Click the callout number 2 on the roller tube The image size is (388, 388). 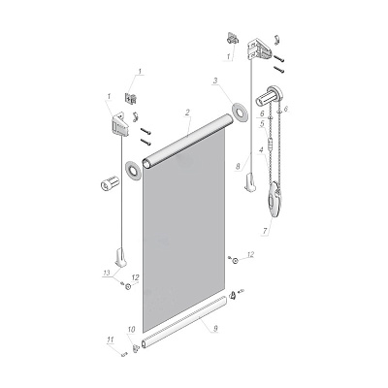click(x=187, y=113)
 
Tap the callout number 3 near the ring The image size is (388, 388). click(x=215, y=81)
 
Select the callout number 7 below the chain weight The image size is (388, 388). click(x=265, y=231)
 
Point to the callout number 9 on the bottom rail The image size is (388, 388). click(x=214, y=329)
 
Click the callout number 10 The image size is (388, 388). click(x=131, y=330)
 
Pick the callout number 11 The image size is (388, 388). click(x=111, y=339)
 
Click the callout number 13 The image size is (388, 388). click(x=107, y=273)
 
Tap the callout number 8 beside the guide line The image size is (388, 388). click(x=238, y=167)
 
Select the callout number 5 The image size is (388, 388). click(x=262, y=123)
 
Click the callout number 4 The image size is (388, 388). click(x=261, y=150)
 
